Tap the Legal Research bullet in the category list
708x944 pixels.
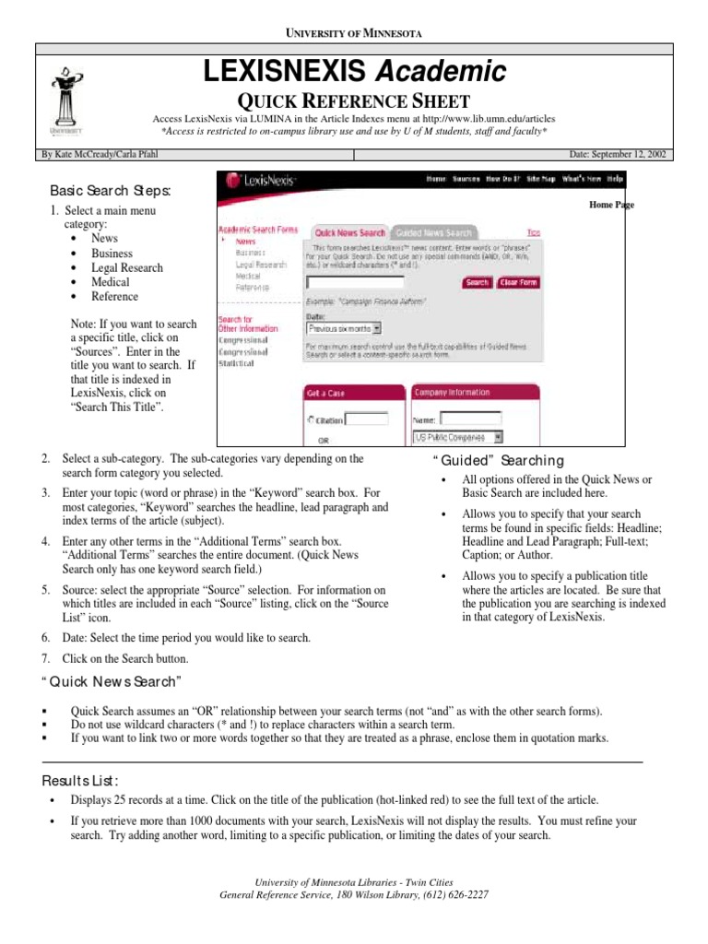point(126,267)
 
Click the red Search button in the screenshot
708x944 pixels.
point(477,283)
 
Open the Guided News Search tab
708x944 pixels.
point(433,233)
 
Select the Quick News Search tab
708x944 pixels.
point(348,233)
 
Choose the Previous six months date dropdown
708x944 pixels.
point(344,327)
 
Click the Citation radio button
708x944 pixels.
point(310,420)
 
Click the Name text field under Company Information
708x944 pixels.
point(471,419)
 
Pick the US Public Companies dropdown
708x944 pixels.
point(457,438)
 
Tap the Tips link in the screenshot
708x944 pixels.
point(533,233)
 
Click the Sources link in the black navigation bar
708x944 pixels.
point(466,179)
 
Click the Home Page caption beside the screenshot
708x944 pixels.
point(611,205)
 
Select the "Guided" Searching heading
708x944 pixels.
point(492,461)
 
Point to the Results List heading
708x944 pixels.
point(84,781)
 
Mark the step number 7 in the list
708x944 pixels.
point(45,659)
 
